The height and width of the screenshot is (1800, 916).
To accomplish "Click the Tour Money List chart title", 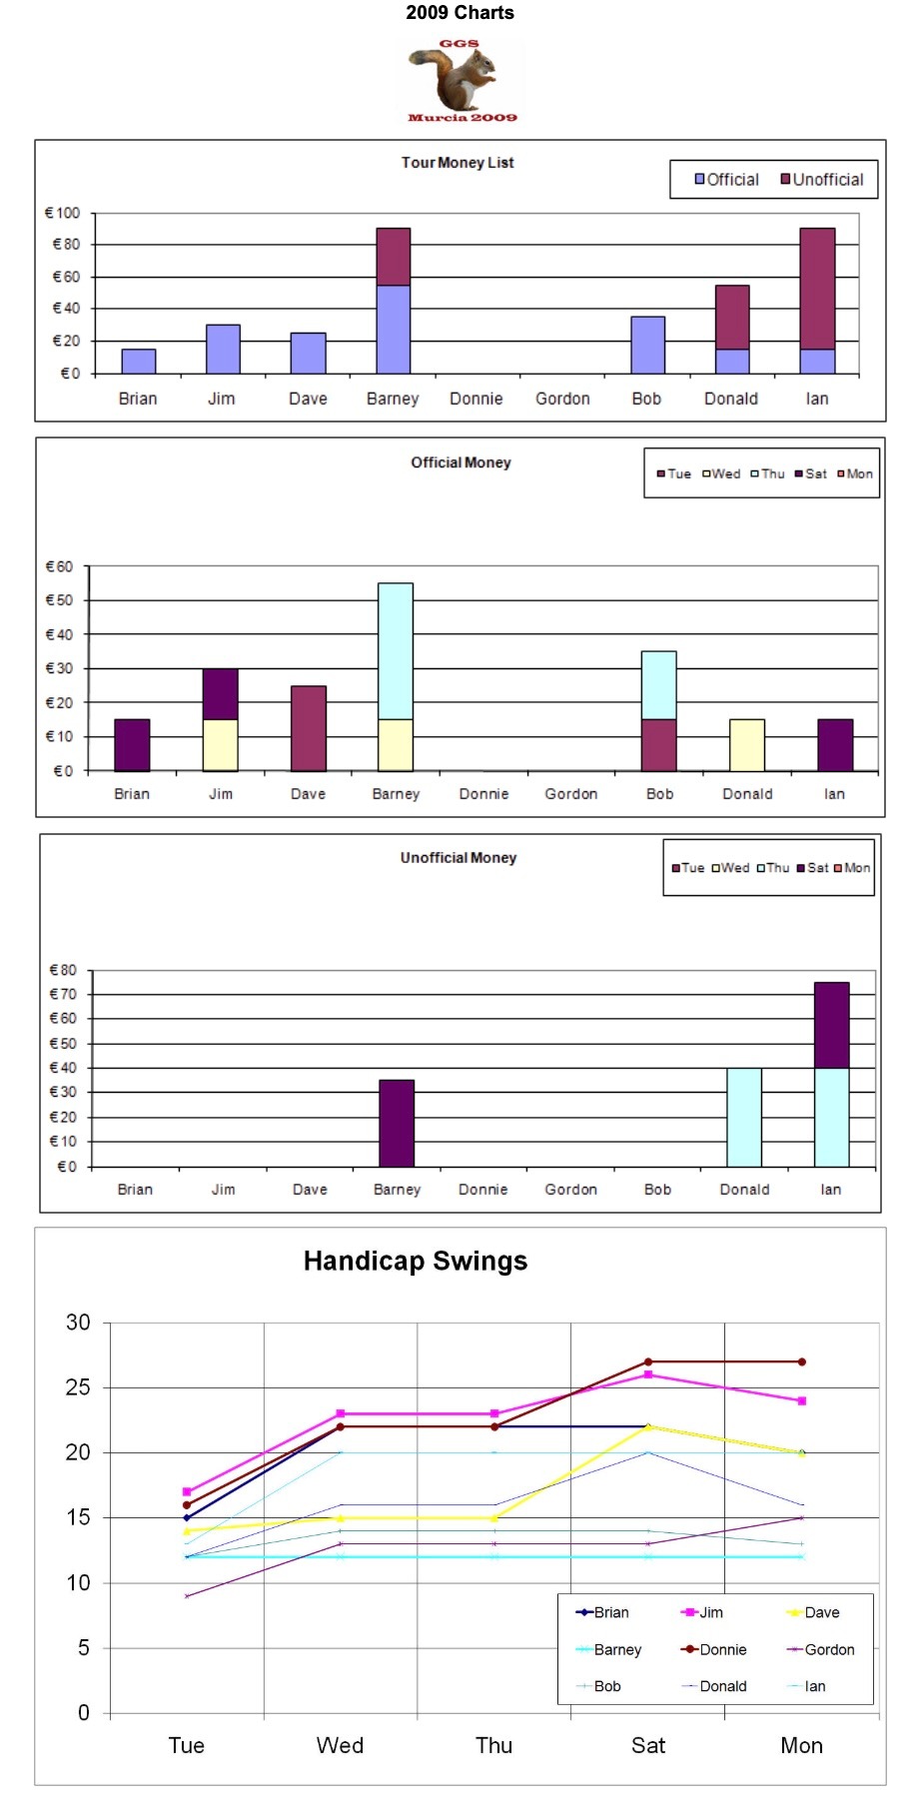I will (x=458, y=163).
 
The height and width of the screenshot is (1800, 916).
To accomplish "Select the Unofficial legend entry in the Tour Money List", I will (x=822, y=180).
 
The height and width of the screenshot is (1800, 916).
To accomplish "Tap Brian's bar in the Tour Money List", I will (x=138, y=361).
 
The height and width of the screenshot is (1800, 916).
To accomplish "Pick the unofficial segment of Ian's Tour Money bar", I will (x=817, y=288).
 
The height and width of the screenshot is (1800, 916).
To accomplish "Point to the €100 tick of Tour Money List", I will (x=62, y=213).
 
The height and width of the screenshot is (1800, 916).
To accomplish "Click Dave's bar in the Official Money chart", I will (x=308, y=728).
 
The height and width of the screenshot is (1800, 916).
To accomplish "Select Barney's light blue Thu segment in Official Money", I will (x=396, y=650).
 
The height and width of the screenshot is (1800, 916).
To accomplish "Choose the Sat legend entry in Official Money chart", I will (x=810, y=473).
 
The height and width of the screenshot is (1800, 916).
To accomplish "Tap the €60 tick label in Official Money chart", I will (x=60, y=566).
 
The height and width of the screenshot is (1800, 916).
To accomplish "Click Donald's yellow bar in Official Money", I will (x=747, y=744).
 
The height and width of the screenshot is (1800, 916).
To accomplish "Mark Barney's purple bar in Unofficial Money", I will (x=397, y=1123).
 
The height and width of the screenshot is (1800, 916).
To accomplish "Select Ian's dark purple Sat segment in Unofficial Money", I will (x=831, y=1025).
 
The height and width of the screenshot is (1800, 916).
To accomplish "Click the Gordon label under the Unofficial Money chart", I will (x=570, y=1190).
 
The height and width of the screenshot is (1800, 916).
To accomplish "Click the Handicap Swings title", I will (x=416, y=1261).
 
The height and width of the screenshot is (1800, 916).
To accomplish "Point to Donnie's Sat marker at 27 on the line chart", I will (x=648, y=1361).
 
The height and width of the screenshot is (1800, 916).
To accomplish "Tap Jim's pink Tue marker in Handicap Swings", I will (x=187, y=1491).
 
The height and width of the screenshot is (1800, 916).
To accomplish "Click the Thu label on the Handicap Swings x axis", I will (x=493, y=1745).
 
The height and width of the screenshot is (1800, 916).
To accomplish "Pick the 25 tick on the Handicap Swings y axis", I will (x=78, y=1387).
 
